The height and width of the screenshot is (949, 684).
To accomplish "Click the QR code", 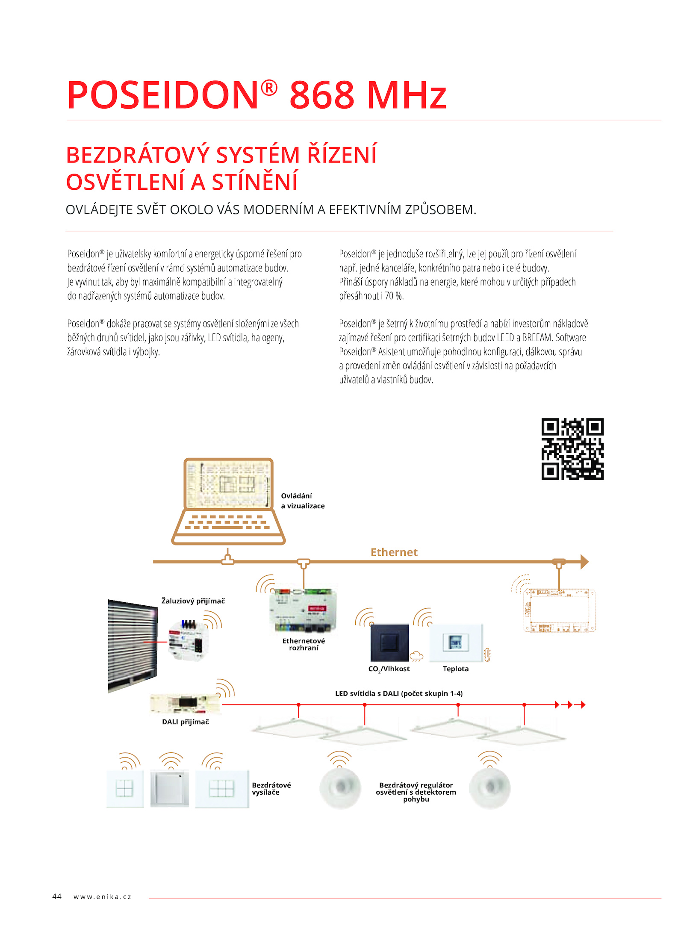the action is pyautogui.click(x=572, y=449).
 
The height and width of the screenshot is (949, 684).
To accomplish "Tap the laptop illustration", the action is pyautogui.click(x=228, y=501).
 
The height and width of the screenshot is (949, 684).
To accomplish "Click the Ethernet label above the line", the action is pyautogui.click(x=394, y=552).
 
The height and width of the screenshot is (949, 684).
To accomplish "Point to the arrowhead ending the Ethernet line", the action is pyautogui.click(x=584, y=562).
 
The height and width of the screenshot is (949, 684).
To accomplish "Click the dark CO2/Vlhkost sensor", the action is pyautogui.click(x=389, y=642).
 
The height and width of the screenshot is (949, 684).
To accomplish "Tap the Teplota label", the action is pyautogui.click(x=456, y=669).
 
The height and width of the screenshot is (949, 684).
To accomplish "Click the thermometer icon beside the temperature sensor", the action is pyautogui.click(x=487, y=655).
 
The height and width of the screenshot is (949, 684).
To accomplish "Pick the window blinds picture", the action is pyautogui.click(x=133, y=645).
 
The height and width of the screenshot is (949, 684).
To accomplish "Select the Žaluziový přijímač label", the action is pyautogui.click(x=193, y=601).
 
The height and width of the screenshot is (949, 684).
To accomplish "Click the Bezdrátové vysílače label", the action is pyautogui.click(x=271, y=789).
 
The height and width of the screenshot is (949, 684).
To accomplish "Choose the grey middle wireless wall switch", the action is pyautogui.click(x=169, y=788).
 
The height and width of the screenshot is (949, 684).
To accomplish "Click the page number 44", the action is pyautogui.click(x=57, y=896).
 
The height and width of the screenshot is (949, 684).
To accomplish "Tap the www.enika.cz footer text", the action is pyautogui.click(x=102, y=897).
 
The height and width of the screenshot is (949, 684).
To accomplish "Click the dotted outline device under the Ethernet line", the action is pyautogui.click(x=559, y=610).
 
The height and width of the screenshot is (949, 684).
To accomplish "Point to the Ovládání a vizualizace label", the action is pyautogui.click(x=303, y=501).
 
